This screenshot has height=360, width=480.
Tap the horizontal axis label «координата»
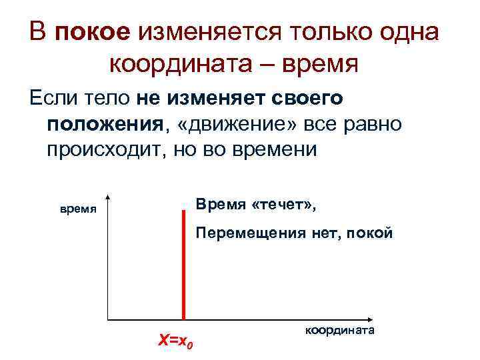click(340, 331)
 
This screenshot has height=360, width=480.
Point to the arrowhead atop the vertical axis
click(107, 199)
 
